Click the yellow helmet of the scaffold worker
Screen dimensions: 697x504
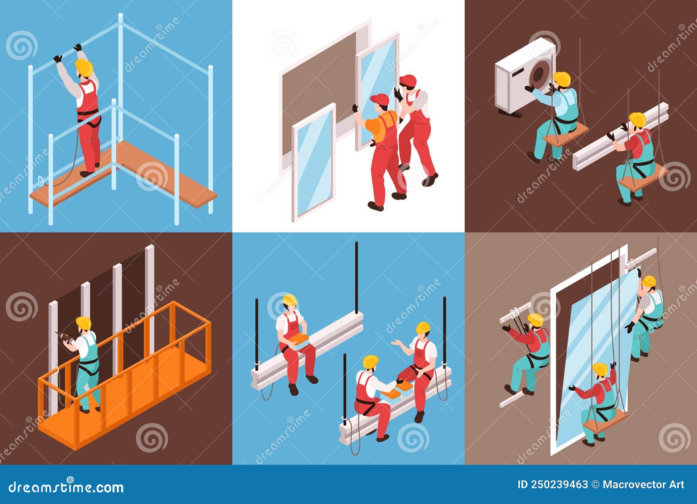pos(84,67)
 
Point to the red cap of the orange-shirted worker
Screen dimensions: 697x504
pos(379,100)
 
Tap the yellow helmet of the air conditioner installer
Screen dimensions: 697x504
pos(562,79)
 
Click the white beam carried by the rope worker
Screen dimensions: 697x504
pos(621,137)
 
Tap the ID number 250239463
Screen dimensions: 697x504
pos(557,485)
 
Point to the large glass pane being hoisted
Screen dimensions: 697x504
pos(597,355)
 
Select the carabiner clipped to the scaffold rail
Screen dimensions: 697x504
pos(41,181)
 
